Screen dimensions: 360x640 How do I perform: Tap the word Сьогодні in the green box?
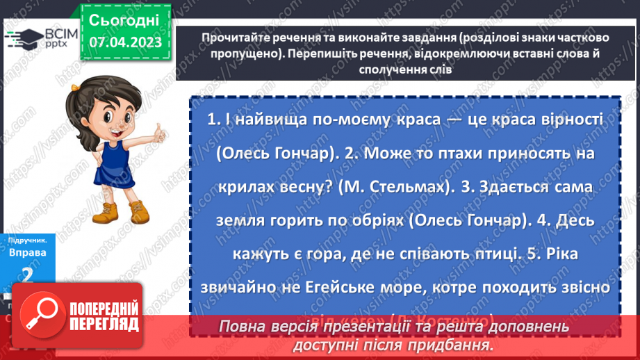(124, 19)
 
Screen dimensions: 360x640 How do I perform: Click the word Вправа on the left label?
(27, 252)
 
